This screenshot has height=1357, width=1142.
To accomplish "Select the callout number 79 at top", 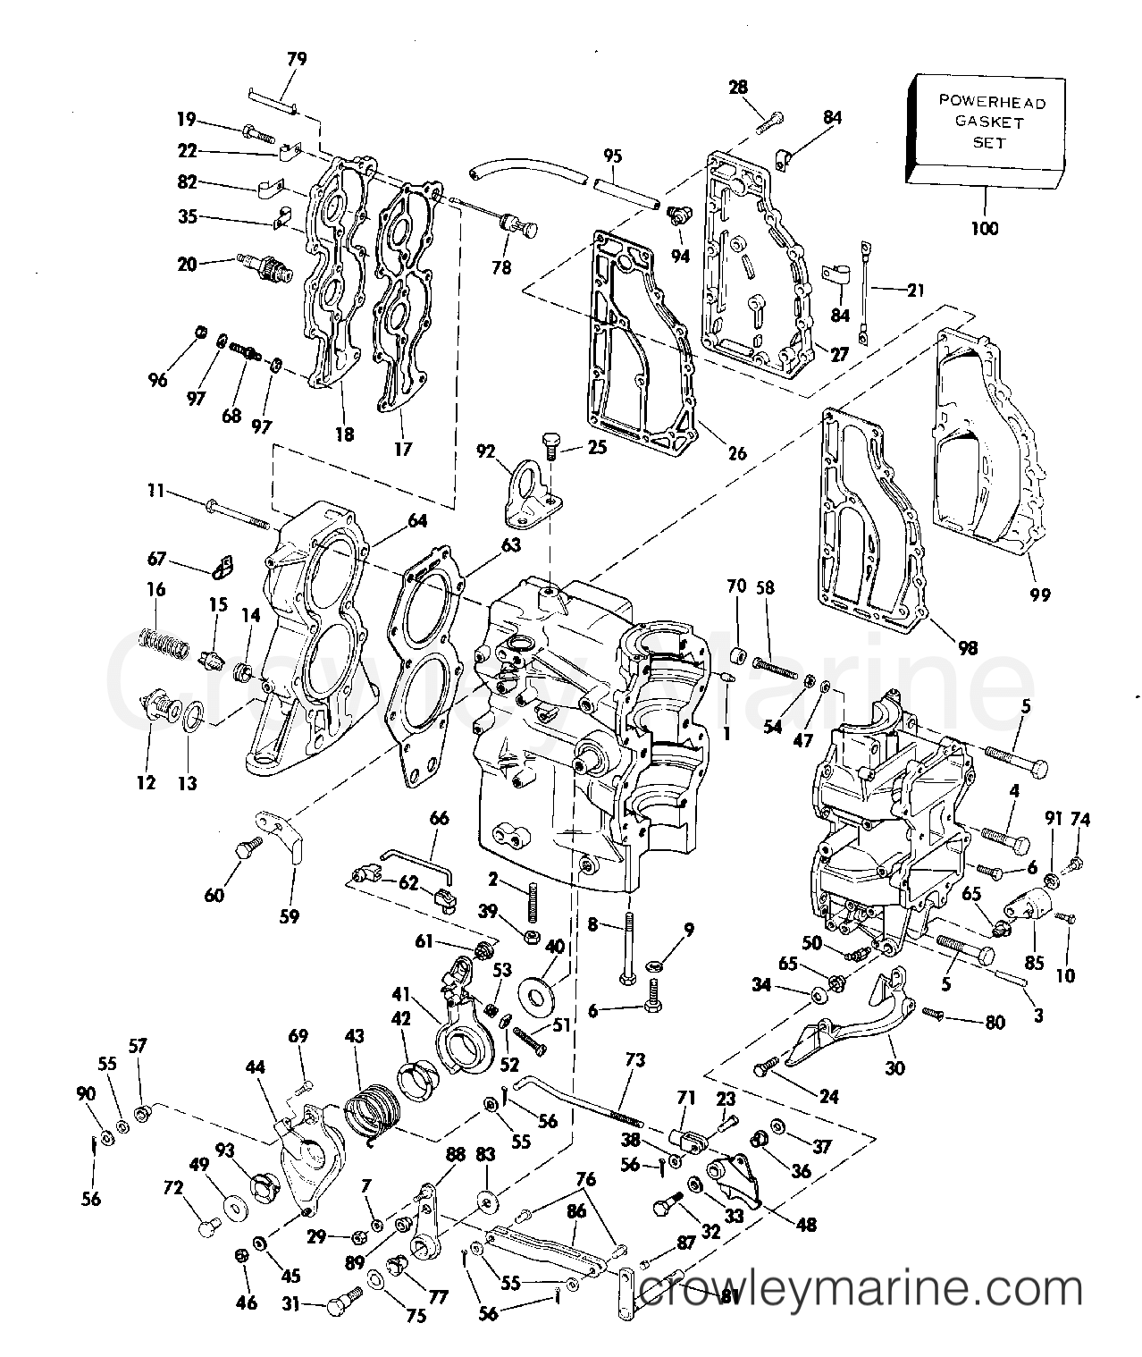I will tap(297, 59).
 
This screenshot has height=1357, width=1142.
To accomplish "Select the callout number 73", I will tap(634, 1060).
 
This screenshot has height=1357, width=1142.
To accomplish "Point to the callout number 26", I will tap(736, 453).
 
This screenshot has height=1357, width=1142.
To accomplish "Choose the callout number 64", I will tap(418, 520).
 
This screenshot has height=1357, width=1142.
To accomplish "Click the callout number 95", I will tap(611, 156).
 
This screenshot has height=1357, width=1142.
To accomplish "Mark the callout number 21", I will tap(915, 290).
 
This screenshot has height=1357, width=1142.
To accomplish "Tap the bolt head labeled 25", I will tap(550, 441).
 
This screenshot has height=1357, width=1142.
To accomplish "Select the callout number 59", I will tap(289, 915).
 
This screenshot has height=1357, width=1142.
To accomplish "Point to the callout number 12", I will tap(146, 783).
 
